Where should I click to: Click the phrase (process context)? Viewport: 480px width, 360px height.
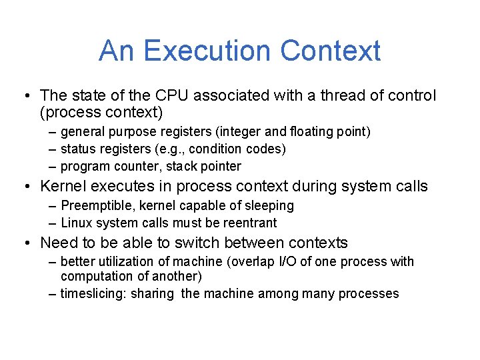point(101,113)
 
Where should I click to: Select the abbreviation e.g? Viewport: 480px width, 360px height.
point(179,149)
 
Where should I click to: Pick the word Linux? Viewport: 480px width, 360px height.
point(76,223)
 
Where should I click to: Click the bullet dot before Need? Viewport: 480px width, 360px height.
point(28,243)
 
